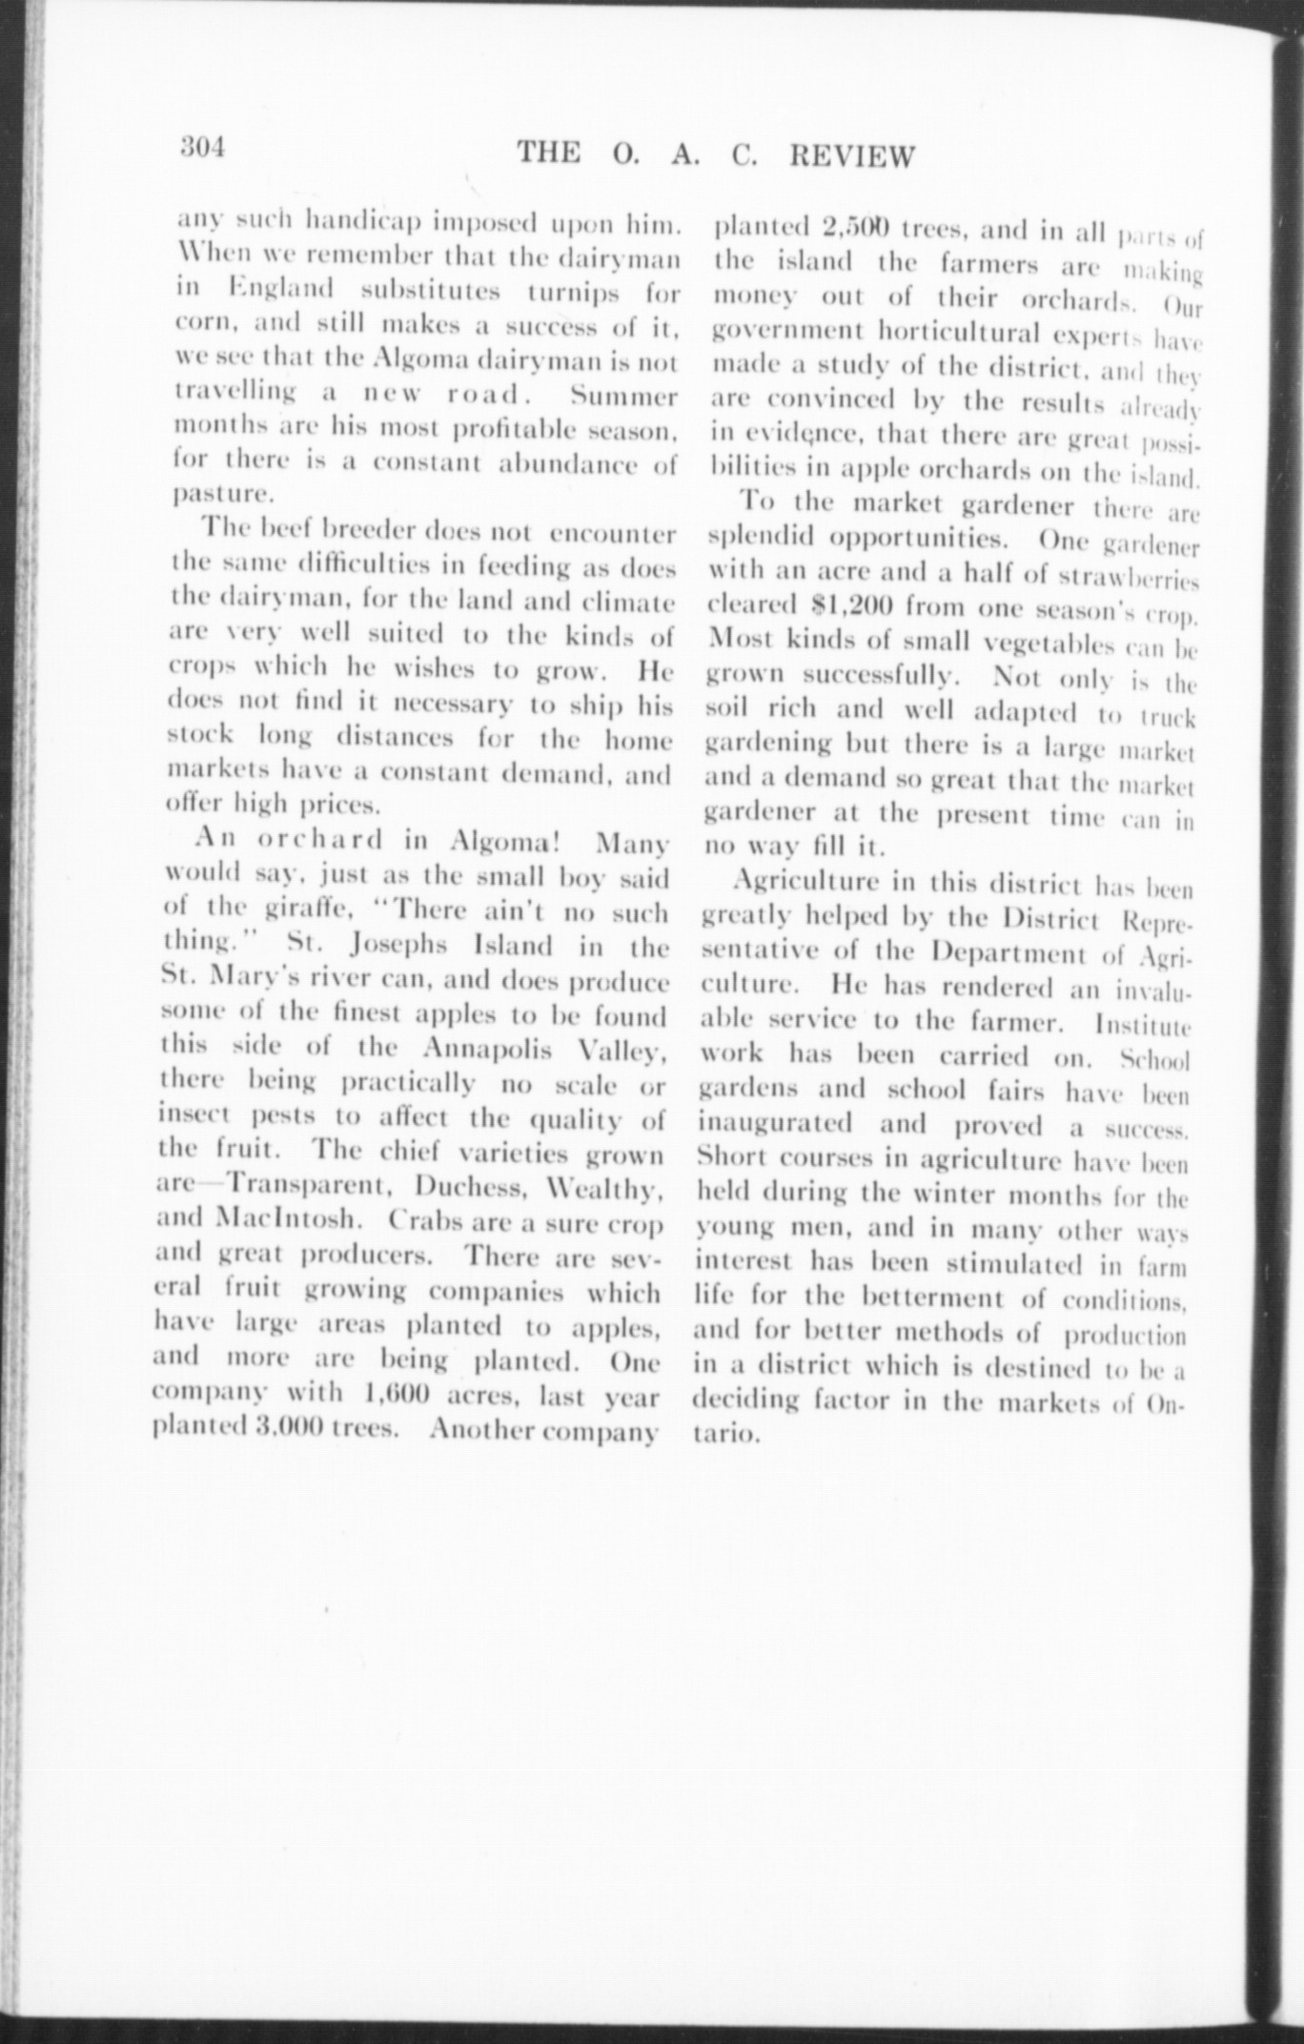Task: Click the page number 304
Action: pos(200,148)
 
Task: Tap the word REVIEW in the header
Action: pos(851,155)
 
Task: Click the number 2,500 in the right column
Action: pos(855,229)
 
